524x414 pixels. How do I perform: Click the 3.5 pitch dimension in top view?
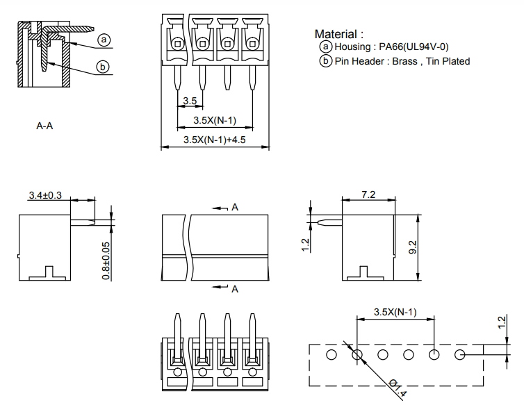coord(189,102)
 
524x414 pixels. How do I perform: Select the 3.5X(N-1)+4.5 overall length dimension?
coord(215,140)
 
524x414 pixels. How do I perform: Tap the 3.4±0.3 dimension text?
coord(45,195)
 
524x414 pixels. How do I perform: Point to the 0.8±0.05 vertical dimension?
coord(105,260)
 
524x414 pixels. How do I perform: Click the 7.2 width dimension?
coord(368,194)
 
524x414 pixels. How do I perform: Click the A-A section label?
coord(45,127)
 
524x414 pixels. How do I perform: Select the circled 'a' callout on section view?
coord(104,40)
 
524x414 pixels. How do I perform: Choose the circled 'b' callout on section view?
coord(102,67)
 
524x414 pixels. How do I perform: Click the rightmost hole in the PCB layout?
coord(459,355)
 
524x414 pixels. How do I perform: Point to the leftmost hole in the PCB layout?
coord(332,355)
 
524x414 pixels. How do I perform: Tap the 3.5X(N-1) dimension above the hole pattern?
coord(395,311)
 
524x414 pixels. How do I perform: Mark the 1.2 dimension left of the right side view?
coord(306,245)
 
